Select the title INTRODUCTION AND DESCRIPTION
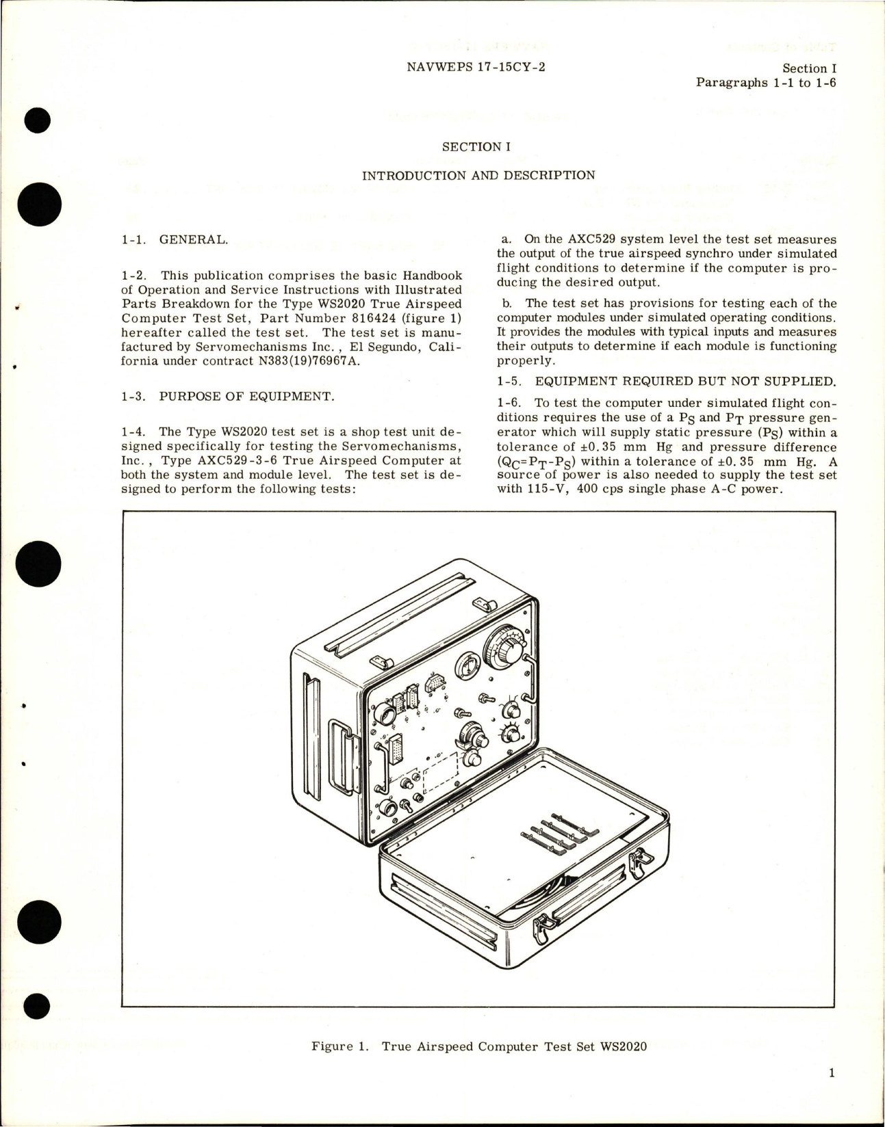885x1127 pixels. pos(478,175)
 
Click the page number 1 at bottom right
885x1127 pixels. pos(832,1073)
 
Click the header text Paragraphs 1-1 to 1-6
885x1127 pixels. pos(767,83)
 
